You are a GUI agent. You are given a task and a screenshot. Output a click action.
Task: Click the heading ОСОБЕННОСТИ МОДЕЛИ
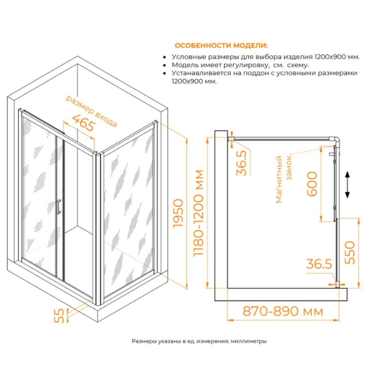[x=221, y=45]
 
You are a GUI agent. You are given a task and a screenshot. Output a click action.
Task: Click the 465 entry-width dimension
[x=83, y=123]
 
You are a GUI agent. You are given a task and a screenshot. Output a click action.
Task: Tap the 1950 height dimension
[x=178, y=213]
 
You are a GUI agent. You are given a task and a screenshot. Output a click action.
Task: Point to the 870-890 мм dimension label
[x=283, y=312]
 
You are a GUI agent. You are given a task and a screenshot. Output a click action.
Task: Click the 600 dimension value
[x=312, y=184]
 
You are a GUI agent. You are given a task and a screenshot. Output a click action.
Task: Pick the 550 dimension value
[x=350, y=252]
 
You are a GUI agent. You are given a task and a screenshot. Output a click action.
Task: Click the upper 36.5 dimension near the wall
[x=242, y=163]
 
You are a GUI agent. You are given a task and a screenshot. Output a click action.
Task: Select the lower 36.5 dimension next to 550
[x=319, y=264]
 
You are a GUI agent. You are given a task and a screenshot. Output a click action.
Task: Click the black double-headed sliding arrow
[x=347, y=185]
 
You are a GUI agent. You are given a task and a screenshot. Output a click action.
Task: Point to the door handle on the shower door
[x=58, y=207]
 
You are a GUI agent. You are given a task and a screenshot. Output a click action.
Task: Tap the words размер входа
[x=91, y=111]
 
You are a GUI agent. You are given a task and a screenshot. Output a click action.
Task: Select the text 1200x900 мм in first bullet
[x=337, y=57]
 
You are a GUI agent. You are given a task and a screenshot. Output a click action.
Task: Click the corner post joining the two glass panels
[x=98, y=228]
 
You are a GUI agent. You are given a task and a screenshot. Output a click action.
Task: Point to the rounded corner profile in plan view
[x=337, y=140]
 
